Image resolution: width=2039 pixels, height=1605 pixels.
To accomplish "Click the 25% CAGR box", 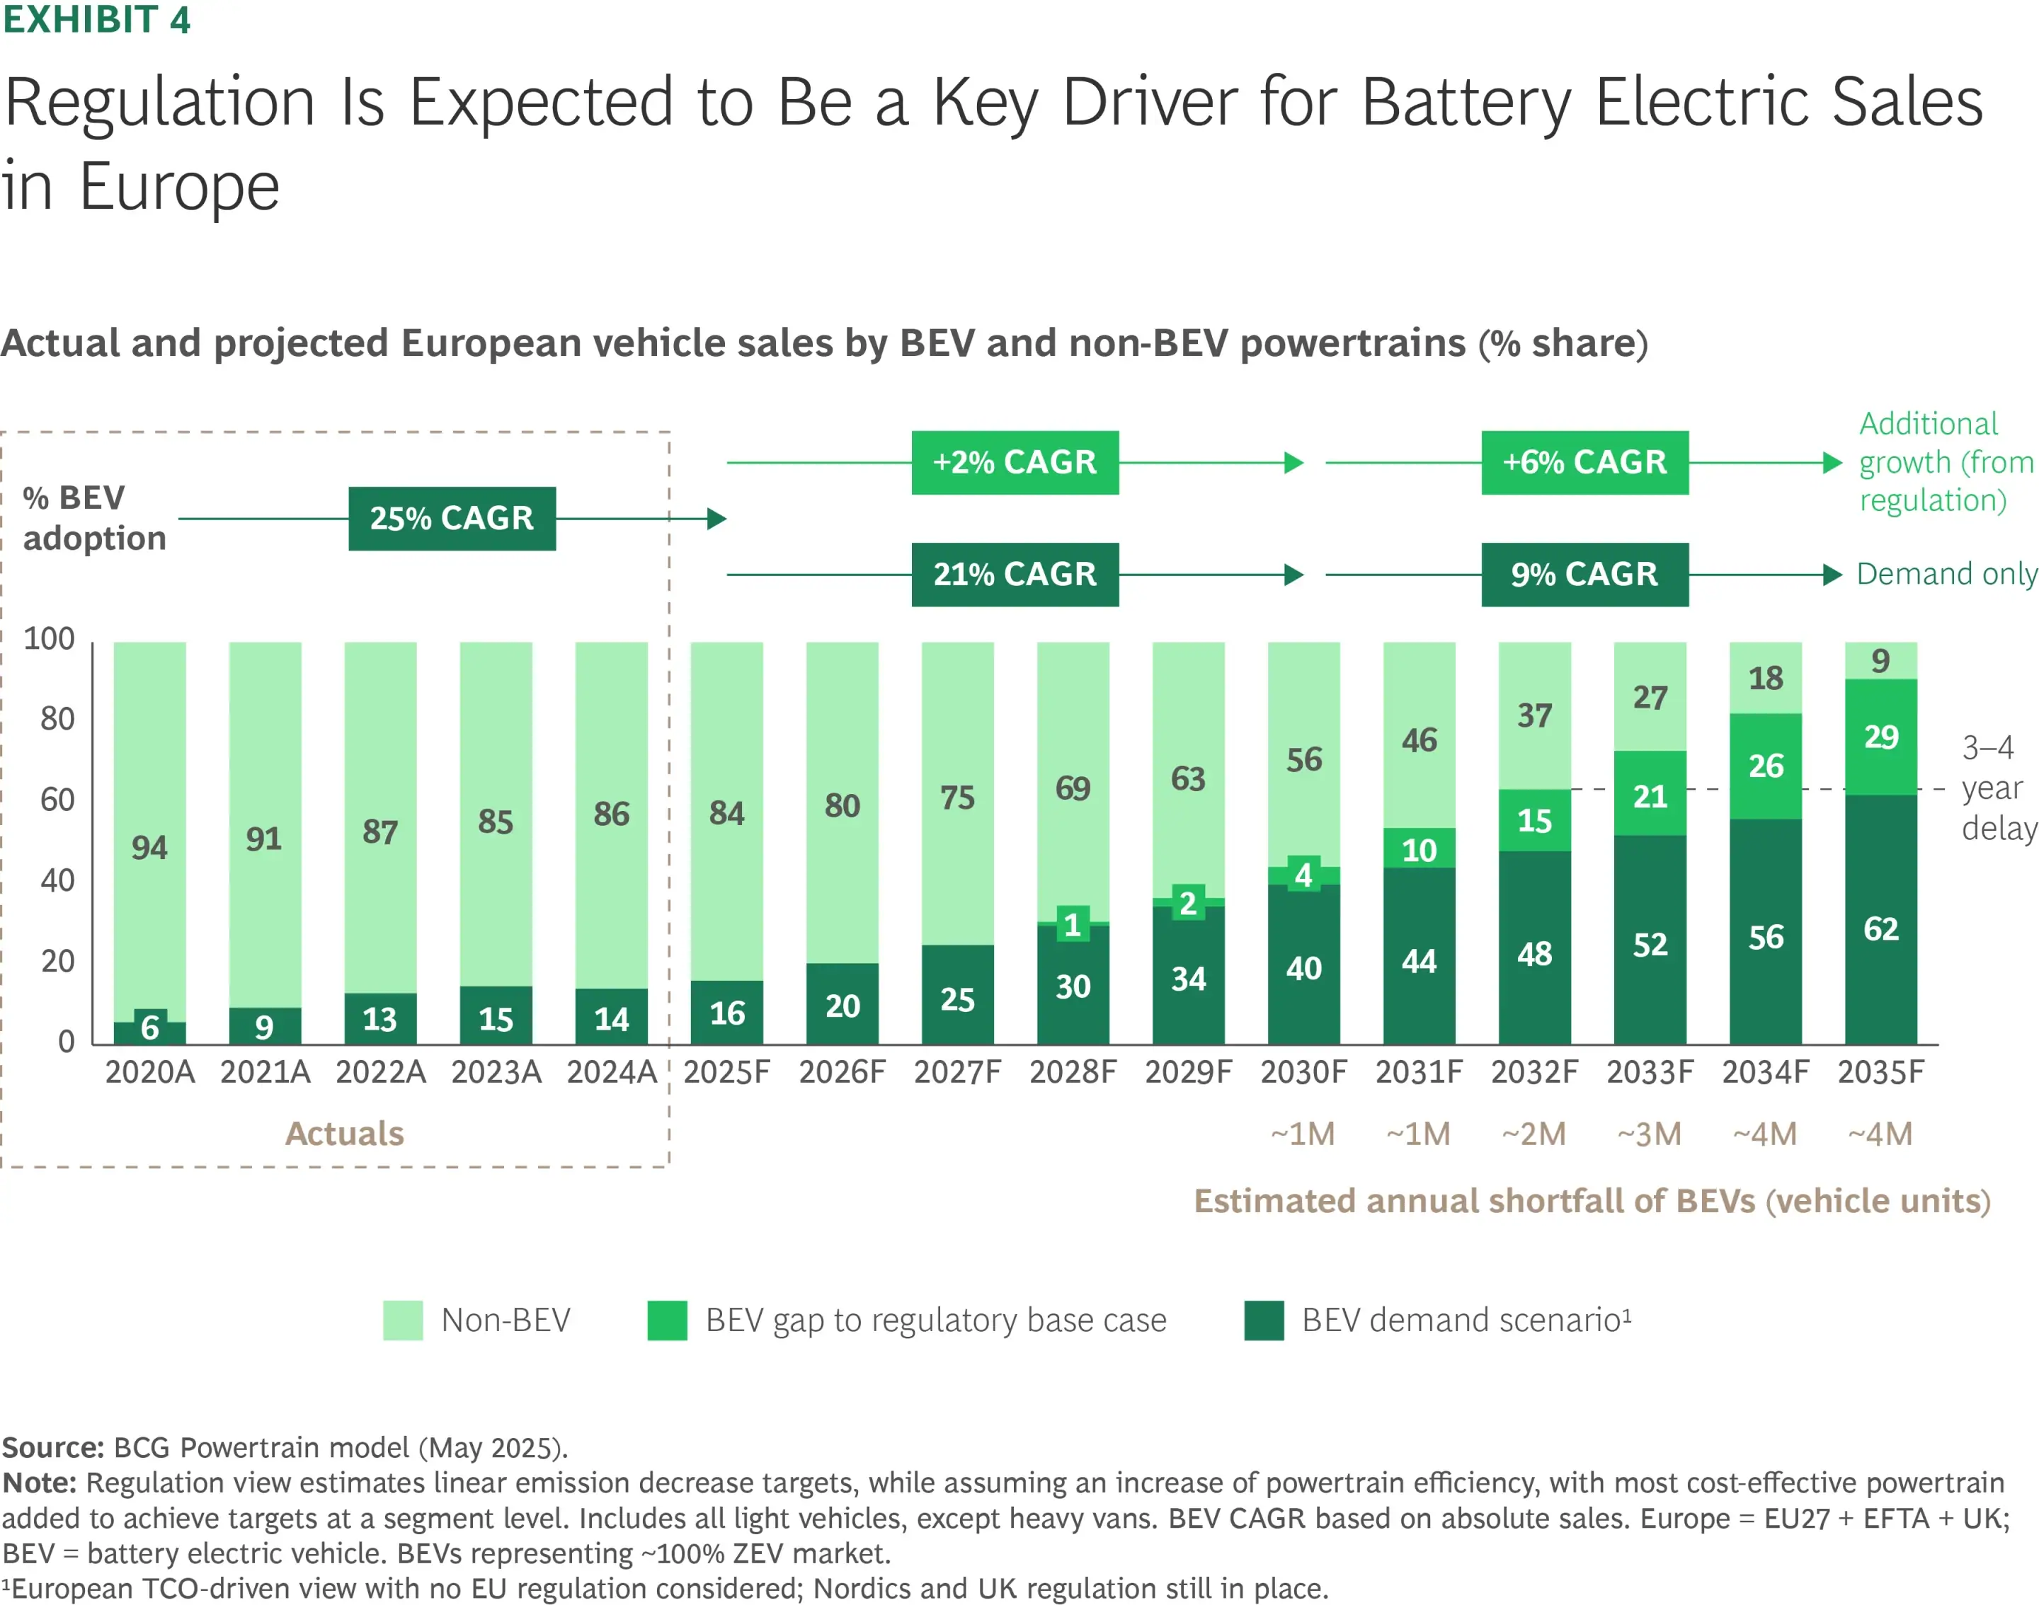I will point(451,518).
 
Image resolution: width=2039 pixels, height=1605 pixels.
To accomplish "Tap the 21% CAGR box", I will point(1015,574).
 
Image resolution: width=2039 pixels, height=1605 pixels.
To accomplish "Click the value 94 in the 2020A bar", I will point(149,848).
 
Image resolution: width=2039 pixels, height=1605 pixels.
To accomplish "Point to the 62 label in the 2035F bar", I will point(1880,929).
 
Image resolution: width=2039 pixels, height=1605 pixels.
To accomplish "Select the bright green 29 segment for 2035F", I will point(1880,737).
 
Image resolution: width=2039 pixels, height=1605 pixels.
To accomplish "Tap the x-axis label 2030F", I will point(1303,1072).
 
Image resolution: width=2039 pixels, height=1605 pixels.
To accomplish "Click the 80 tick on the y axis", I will point(57,719).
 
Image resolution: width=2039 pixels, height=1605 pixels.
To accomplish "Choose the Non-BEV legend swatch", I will point(402,1321).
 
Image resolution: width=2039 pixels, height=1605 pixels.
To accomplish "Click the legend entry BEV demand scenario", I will point(1465,1321).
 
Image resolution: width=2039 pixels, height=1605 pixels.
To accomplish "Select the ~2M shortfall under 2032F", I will point(1533,1134).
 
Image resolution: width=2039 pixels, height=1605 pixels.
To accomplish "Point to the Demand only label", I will point(1946,574).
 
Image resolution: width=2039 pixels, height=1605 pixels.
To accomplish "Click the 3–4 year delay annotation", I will point(1998,788).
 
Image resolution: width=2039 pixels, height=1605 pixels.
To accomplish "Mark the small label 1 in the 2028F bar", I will point(1073,926).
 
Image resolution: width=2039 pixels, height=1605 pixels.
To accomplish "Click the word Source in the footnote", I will point(52,1447).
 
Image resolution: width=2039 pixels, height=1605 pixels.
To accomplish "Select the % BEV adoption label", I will point(94,518).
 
